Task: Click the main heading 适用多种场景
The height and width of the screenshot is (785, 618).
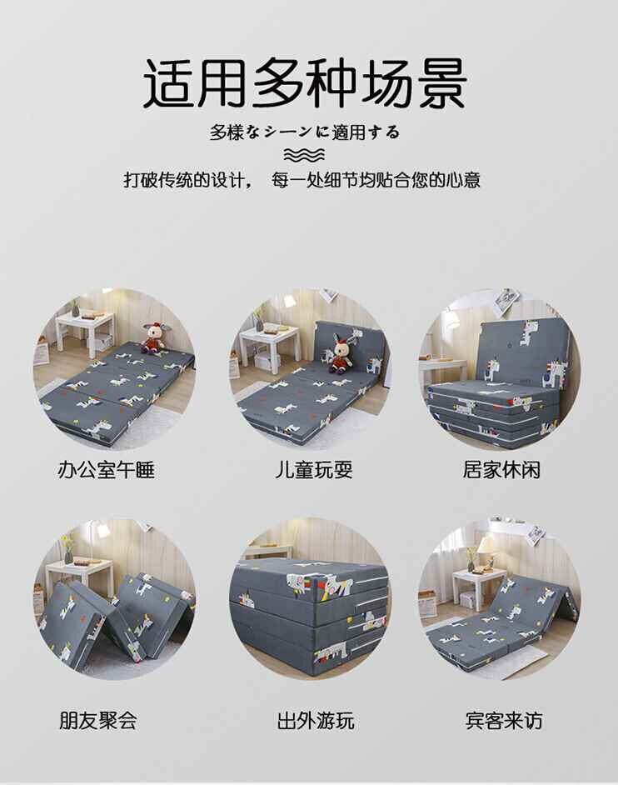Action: coord(306,83)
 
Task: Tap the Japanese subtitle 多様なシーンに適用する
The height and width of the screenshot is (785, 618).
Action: coord(305,132)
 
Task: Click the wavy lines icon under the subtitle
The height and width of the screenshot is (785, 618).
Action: coord(304,156)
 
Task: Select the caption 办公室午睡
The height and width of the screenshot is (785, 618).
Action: coord(106,470)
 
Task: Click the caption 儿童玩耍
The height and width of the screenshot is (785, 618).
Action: coord(314,470)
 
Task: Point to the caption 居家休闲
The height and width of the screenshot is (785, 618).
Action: coord(501,470)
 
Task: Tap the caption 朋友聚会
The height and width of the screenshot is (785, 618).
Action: coord(98,721)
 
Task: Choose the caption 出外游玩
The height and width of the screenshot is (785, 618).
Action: coord(316,721)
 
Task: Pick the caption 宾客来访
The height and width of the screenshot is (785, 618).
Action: coord(504,721)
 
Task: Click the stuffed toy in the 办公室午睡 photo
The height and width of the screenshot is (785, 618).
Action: coord(150,337)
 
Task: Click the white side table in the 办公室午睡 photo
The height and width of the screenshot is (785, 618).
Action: coord(85,332)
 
